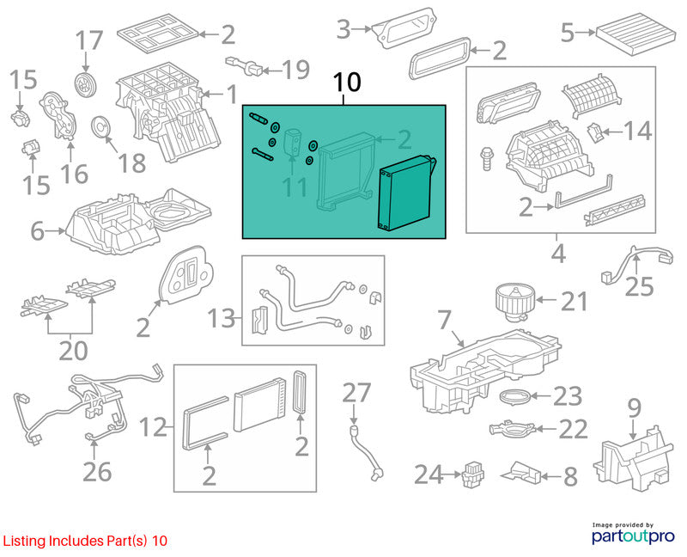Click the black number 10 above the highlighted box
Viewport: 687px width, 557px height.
coord(347,82)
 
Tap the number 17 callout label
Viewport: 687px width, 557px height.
coord(89,40)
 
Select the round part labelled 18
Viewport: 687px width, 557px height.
coord(102,126)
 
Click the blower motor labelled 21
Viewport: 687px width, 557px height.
coord(513,302)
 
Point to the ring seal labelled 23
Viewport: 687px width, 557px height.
coord(515,396)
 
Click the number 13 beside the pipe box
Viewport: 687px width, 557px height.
coord(222,318)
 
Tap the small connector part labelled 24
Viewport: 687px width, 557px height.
coord(472,474)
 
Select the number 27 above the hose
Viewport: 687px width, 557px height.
coord(356,393)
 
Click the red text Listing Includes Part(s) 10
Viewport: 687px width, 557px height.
coord(85,541)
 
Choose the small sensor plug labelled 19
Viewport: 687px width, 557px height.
coord(245,66)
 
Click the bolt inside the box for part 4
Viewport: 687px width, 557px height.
coord(486,158)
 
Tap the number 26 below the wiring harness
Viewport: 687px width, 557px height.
coord(97,472)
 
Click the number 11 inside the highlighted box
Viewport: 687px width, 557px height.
coord(295,187)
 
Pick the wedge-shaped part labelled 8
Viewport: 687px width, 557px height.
coord(521,473)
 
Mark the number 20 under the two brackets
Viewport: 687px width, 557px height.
coord(73,350)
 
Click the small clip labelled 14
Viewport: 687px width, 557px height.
coord(594,132)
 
